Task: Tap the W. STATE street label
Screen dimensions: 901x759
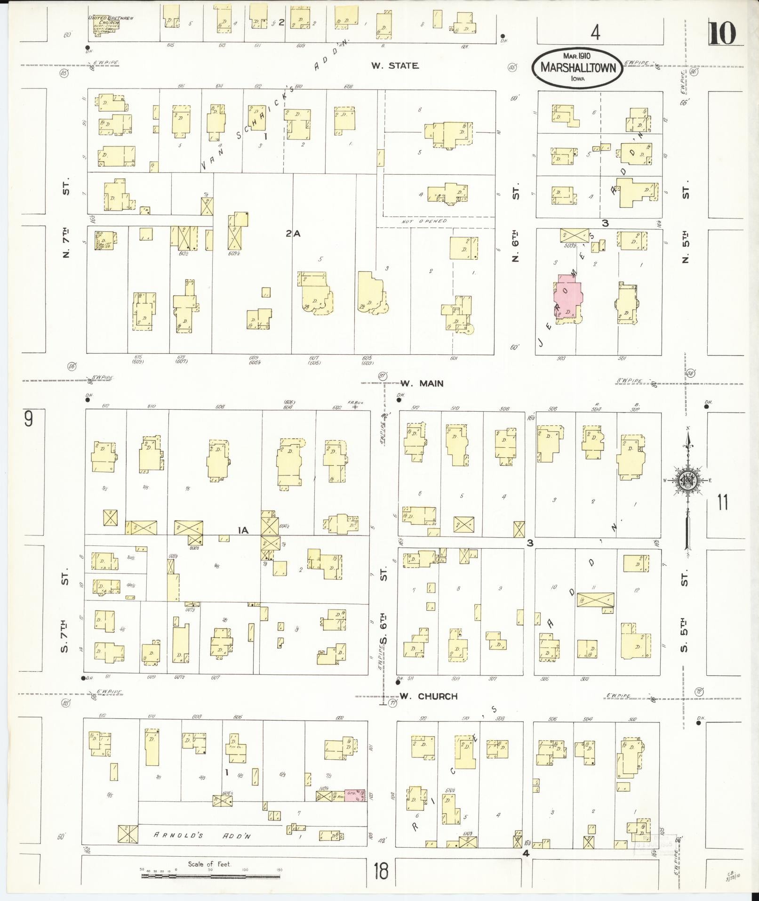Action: pos(394,66)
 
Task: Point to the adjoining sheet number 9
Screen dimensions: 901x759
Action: pos(29,419)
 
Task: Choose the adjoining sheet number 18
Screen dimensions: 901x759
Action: pos(381,871)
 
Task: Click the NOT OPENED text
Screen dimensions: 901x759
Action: pos(424,221)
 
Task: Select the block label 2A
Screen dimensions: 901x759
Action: pos(293,233)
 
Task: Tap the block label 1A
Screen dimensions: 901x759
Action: pos(243,531)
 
